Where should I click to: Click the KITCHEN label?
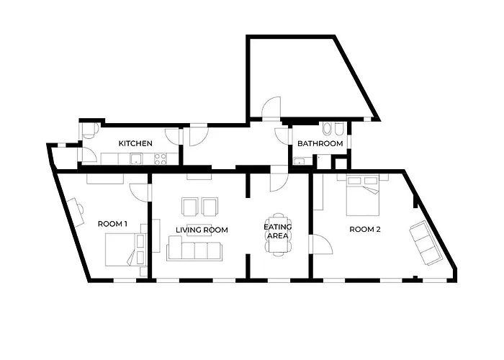[135, 143]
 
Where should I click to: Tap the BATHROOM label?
[320, 143]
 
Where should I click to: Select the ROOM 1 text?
[112, 224]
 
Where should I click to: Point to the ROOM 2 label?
[365, 229]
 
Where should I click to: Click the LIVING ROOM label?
[202, 230]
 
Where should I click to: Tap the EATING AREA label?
[278, 231]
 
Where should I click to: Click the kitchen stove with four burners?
[161, 158]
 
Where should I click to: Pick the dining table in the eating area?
[279, 234]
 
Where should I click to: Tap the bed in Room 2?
[363, 195]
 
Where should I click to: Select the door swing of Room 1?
[139, 192]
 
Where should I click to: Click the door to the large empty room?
[271, 108]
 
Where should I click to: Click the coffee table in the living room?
[199, 230]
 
